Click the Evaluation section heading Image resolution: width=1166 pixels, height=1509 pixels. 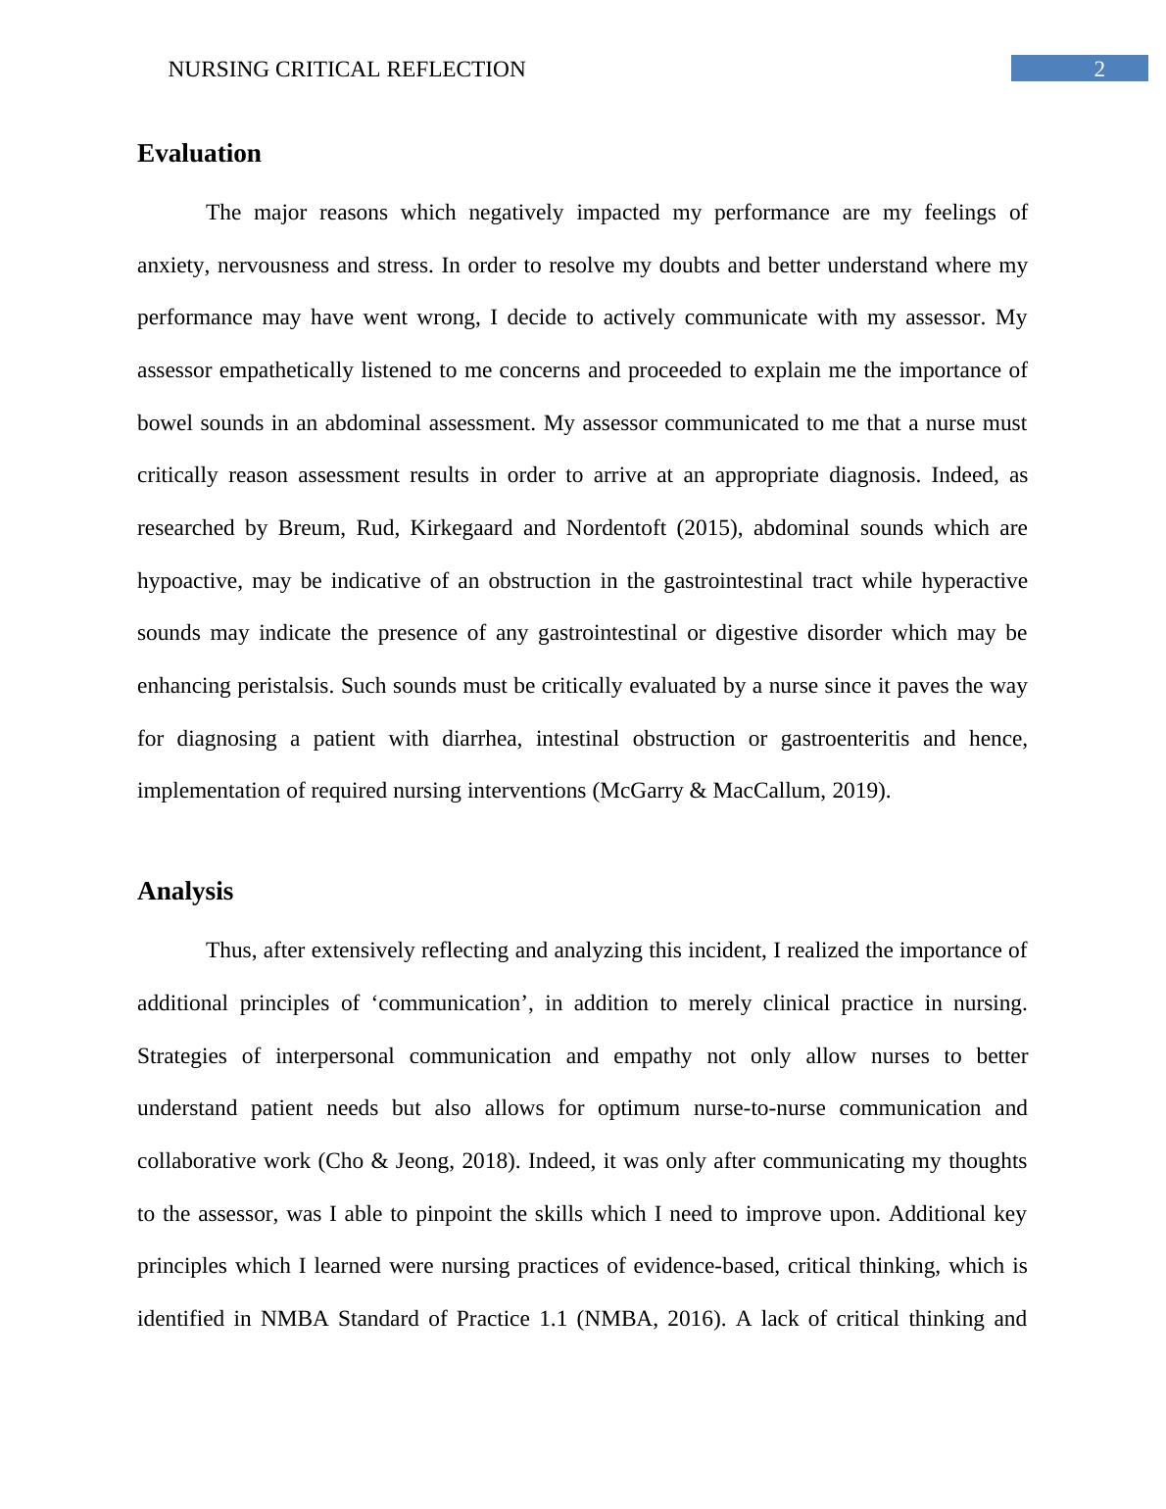pyautogui.click(x=199, y=154)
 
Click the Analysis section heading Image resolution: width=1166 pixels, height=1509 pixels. pyautogui.click(x=185, y=892)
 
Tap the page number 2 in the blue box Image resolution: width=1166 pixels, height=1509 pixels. pyautogui.click(x=1099, y=69)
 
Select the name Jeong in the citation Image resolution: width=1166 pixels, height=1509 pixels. pyautogui.click(x=423, y=1161)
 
